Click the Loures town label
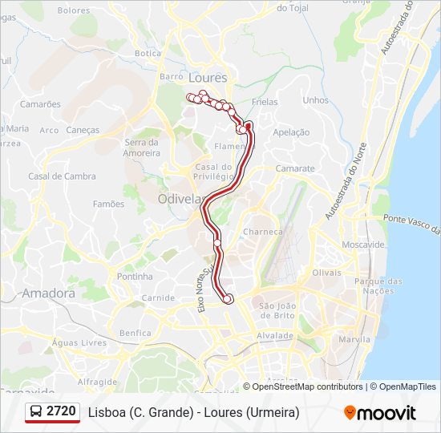tap(208, 78)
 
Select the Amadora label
tap(48, 293)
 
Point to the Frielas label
tap(264, 103)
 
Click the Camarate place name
tap(295, 169)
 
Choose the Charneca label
tap(263, 232)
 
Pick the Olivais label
tap(326, 273)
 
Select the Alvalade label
tap(275, 335)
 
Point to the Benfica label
tap(135, 333)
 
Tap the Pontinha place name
tap(135, 277)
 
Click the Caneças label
tap(83, 130)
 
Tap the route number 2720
tap(62, 412)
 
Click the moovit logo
tap(380, 413)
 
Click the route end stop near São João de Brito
tap(228, 299)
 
